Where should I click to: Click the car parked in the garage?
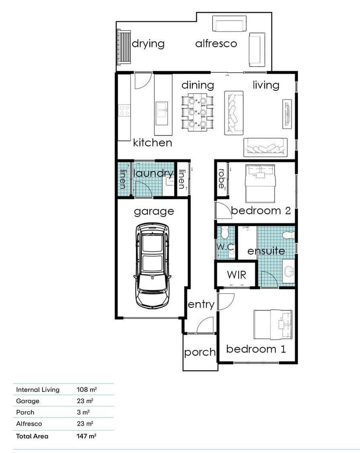tap(152, 266)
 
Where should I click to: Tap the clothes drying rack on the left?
tap(124, 47)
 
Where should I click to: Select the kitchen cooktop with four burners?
tap(125, 111)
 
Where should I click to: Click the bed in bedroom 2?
tap(260, 183)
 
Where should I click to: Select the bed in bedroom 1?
tap(273, 324)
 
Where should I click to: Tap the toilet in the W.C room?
tap(225, 232)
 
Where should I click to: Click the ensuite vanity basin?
tap(288, 271)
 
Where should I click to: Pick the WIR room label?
tap(236, 275)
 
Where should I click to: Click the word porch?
tap(200, 353)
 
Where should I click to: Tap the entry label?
tap(201, 305)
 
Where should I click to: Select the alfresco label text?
tap(216, 44)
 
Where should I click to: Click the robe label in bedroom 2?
tap(221, 178)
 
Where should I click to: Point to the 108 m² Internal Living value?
tap(87, 389)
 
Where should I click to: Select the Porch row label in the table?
tap(25, 412)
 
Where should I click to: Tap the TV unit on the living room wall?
tap(287, 114)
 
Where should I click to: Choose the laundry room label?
tap(153, 173)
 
